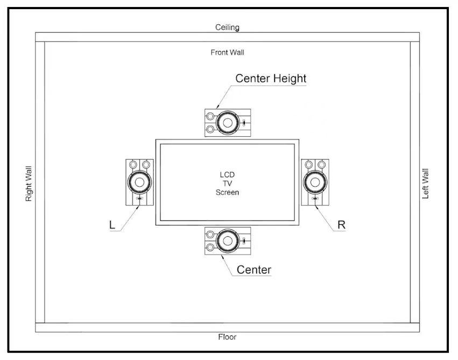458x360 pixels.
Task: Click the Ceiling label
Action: (x=227, y=27)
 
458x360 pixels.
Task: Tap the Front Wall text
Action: (x=227, y=53)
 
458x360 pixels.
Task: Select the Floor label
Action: (x=227, y=337)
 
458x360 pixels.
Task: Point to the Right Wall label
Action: (x=29, y=184)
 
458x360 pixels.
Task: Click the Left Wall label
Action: (x=425, y=184)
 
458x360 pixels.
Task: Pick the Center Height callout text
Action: (x=271, y=79)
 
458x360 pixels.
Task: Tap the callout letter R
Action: (x=341, y=225)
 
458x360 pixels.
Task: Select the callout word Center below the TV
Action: (x=254, y=270)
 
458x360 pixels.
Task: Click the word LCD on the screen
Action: (x=227, y=175)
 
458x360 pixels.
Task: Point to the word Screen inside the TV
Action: (x=227, y=192)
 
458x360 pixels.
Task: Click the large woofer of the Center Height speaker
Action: (x=228, y=123)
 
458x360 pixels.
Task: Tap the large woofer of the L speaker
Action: (x=140, y=182)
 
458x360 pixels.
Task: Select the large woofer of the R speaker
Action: (x=315, y=181)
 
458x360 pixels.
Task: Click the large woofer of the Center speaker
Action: (x=228, y=240)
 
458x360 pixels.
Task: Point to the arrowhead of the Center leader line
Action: (x=222, y=255)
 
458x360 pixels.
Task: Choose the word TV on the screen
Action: (x=227, y=183)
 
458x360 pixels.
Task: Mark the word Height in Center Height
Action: (x=290, y=79)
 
